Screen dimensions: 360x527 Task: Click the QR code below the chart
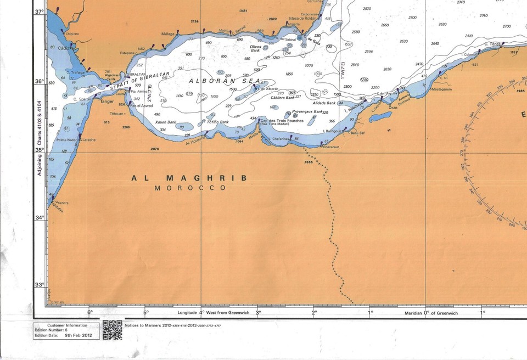point(112,329)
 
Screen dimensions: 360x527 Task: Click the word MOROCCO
point(190,188)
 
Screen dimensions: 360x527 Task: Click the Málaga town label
point(168,34)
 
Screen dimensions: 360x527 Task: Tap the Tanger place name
point(106,101)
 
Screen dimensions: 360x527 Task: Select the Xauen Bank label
point(165,122)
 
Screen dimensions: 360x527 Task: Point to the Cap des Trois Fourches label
point(281,121)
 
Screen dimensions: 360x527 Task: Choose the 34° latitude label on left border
point(39,217)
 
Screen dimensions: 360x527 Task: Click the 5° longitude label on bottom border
point(145,313)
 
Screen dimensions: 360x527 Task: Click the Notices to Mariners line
point(173,325)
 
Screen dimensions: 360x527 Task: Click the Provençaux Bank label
point(307,111)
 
